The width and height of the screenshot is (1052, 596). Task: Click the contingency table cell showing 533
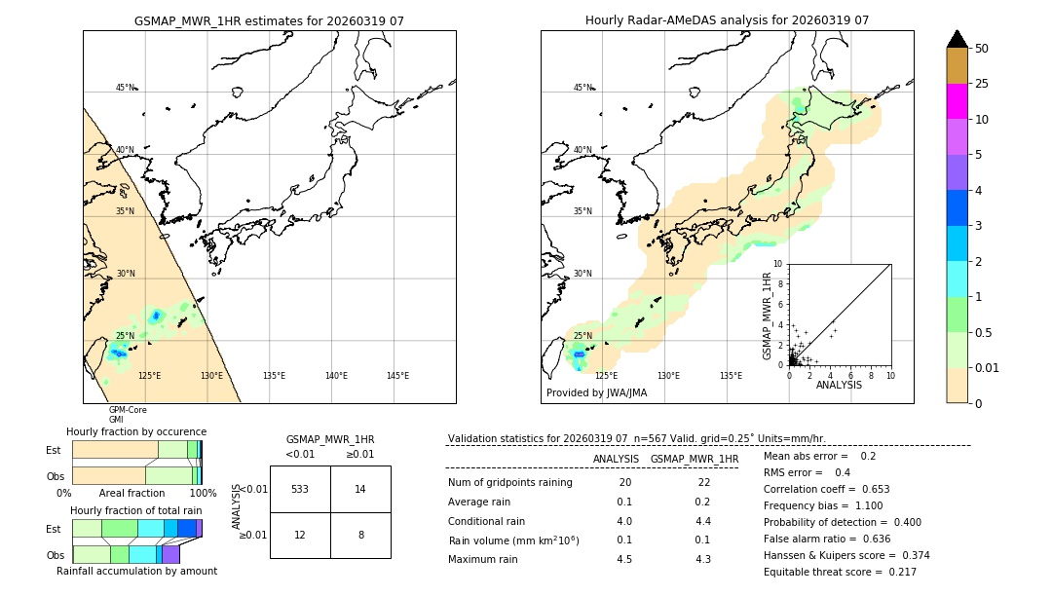click(300, 489)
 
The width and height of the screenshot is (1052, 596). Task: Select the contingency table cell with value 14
click(360, 489)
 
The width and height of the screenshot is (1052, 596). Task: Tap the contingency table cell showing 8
click(360, 535)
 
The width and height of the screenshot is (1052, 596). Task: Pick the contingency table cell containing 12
click(300, 535)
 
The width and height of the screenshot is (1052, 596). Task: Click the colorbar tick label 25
click(982, 84)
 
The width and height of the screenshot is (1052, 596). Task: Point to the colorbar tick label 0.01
click(988, 367)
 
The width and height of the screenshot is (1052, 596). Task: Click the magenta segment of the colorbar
click(957, 101)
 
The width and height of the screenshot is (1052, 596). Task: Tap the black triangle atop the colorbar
click(957, 39)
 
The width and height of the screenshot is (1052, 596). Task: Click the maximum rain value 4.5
click(624, 559)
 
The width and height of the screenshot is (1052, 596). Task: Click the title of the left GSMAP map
click(269, 20)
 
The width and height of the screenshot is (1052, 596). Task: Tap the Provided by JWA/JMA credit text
click(596, 393)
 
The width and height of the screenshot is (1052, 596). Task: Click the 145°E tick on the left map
click(397, 376)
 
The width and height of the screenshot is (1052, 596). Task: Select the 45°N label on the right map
click(582, 88)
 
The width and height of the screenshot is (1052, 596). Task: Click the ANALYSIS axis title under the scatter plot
click(839, 385)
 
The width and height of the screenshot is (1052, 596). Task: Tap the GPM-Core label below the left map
click(128, 410)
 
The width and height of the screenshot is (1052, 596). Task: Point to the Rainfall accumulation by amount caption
click(136, 571)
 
